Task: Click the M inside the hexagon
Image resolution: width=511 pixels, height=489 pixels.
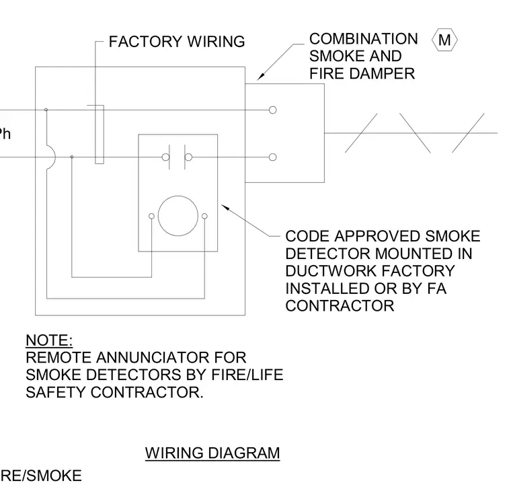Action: click(444, 40)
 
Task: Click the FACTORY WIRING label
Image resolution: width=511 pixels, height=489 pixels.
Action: click(177, 42)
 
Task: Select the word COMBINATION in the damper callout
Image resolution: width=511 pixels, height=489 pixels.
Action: click(363, 39)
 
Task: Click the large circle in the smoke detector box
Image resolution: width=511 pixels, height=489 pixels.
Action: click(178, 196)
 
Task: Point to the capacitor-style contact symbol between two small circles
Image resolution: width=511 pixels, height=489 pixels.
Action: click(177, 157)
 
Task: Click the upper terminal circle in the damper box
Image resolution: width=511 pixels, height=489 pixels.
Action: click(273, 110)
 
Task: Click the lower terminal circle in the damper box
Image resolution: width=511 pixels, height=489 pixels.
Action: click(273, 157)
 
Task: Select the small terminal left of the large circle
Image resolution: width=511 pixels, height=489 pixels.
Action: click(151, 216)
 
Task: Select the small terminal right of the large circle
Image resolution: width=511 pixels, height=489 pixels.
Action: click(204, 216)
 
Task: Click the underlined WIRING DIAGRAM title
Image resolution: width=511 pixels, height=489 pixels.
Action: click(212, 453)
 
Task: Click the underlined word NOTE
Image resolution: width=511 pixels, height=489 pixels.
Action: click(49, 340)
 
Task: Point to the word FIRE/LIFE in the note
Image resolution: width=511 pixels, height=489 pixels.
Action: click(247, 375)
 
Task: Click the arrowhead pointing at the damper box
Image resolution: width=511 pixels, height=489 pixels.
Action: click(260, 77)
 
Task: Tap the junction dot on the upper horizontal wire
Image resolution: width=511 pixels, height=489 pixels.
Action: click(46, 110)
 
